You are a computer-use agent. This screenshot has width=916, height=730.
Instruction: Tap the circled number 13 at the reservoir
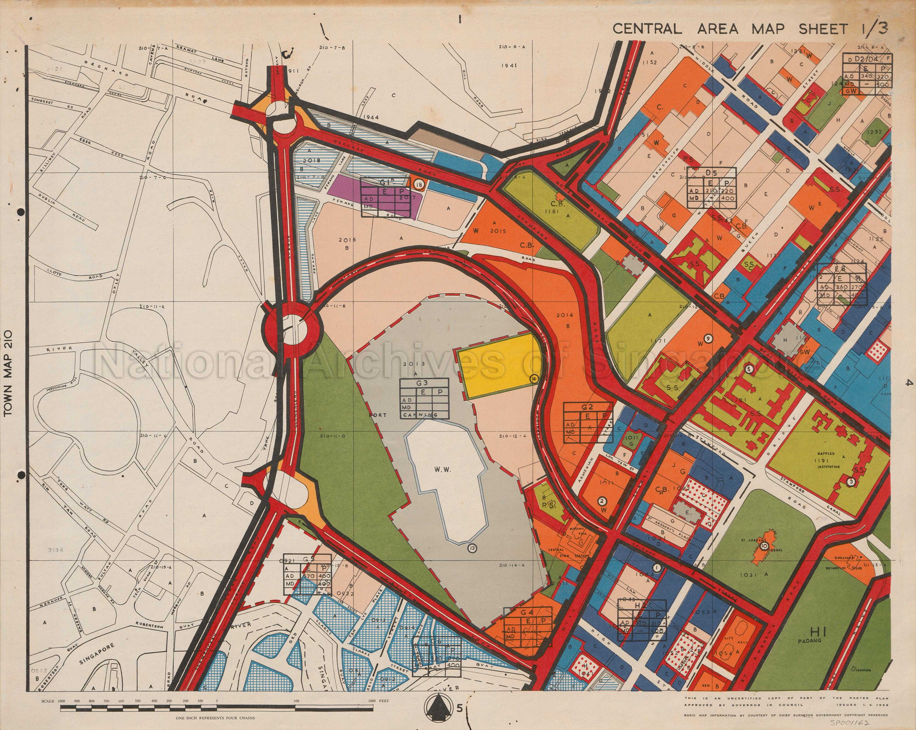[x=473, y=548]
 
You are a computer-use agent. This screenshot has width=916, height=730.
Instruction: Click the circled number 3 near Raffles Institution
[x=851, y=482]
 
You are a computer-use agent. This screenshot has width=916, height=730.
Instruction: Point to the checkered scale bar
[x=217, y=708]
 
